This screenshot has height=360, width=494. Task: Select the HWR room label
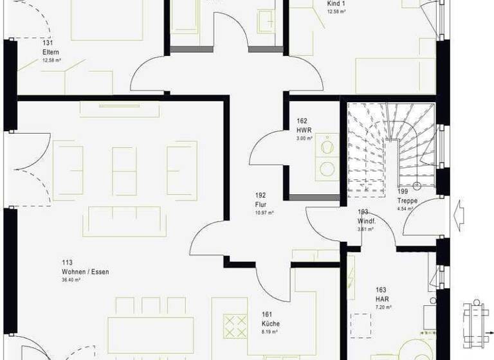[304, 129]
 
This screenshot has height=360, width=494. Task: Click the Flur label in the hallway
[261, 204]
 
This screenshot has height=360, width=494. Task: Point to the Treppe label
[407, 201]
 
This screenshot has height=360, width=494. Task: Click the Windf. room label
[367, 221]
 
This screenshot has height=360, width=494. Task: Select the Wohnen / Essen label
[85, 272]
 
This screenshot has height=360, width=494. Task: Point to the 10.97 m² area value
[264, 213]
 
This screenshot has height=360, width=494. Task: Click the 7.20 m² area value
[383, 307]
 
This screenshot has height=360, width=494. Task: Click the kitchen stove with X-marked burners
[235, 326]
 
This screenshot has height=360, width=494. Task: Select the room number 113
[66, 263]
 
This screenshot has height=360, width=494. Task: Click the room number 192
[261, 195]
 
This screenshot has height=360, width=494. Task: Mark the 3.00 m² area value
[304, 138]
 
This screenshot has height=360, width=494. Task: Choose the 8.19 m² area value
[270, 332]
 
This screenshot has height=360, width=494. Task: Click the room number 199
[403, 192]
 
